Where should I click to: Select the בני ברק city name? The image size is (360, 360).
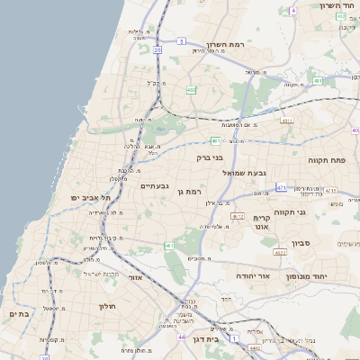click(210, 157)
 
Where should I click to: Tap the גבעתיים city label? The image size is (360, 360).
click(154, 186)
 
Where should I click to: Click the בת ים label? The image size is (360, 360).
click(19, 314)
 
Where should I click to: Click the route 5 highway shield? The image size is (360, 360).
click(181, 41)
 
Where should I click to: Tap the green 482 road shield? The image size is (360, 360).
click(191, 90)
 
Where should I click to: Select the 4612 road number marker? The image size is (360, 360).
click(238, 216)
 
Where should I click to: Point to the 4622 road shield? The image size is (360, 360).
click(281, 254)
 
